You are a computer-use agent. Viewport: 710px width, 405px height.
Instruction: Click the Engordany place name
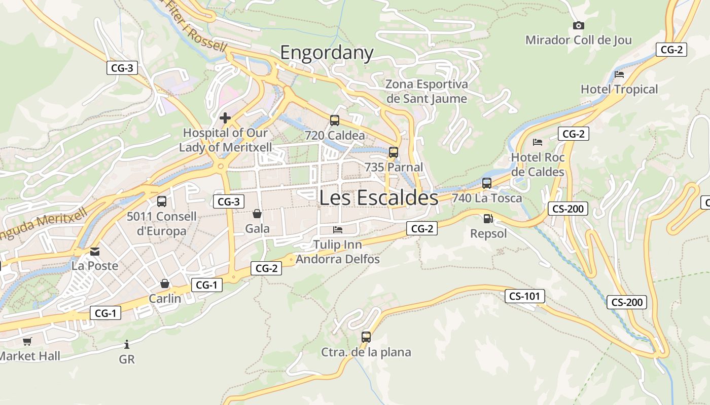coord(327,53)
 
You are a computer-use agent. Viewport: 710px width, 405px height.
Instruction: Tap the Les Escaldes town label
coord(378,198)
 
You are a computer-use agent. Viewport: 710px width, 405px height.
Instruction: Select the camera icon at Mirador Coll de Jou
coord(578,25)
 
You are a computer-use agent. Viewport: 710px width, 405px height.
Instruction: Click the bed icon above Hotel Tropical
coord(619,74)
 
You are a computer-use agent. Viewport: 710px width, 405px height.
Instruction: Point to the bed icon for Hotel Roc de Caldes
coord(538,142)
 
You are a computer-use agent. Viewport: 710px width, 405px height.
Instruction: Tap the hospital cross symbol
coord(225,118)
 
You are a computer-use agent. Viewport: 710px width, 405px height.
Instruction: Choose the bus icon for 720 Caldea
coord(335,120)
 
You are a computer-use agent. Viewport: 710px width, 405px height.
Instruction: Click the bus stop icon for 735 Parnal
coord(393,152)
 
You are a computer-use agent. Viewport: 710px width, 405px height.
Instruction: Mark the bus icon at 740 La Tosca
coord(487,183)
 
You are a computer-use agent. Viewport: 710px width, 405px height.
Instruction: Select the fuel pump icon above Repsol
coord(488,219)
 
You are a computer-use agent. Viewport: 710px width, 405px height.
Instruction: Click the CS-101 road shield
coord(524,296)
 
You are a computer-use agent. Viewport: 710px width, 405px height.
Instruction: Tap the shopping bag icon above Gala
coord(257,214)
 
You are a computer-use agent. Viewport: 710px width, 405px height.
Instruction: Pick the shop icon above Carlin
coord(164,283)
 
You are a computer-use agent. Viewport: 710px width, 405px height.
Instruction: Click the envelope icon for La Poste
coord(95,251)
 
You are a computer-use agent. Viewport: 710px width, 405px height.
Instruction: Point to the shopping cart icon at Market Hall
coord(27,342)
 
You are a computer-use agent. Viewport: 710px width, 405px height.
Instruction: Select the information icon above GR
coord(127,345)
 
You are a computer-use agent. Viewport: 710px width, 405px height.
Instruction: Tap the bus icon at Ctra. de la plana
coord(366,337)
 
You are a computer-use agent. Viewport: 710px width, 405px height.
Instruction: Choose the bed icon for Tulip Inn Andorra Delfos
coord(338,230)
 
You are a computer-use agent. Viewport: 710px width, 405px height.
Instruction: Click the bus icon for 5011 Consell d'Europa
coord(162,201)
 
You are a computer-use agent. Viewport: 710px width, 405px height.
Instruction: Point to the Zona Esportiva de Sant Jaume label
coord(426,91)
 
